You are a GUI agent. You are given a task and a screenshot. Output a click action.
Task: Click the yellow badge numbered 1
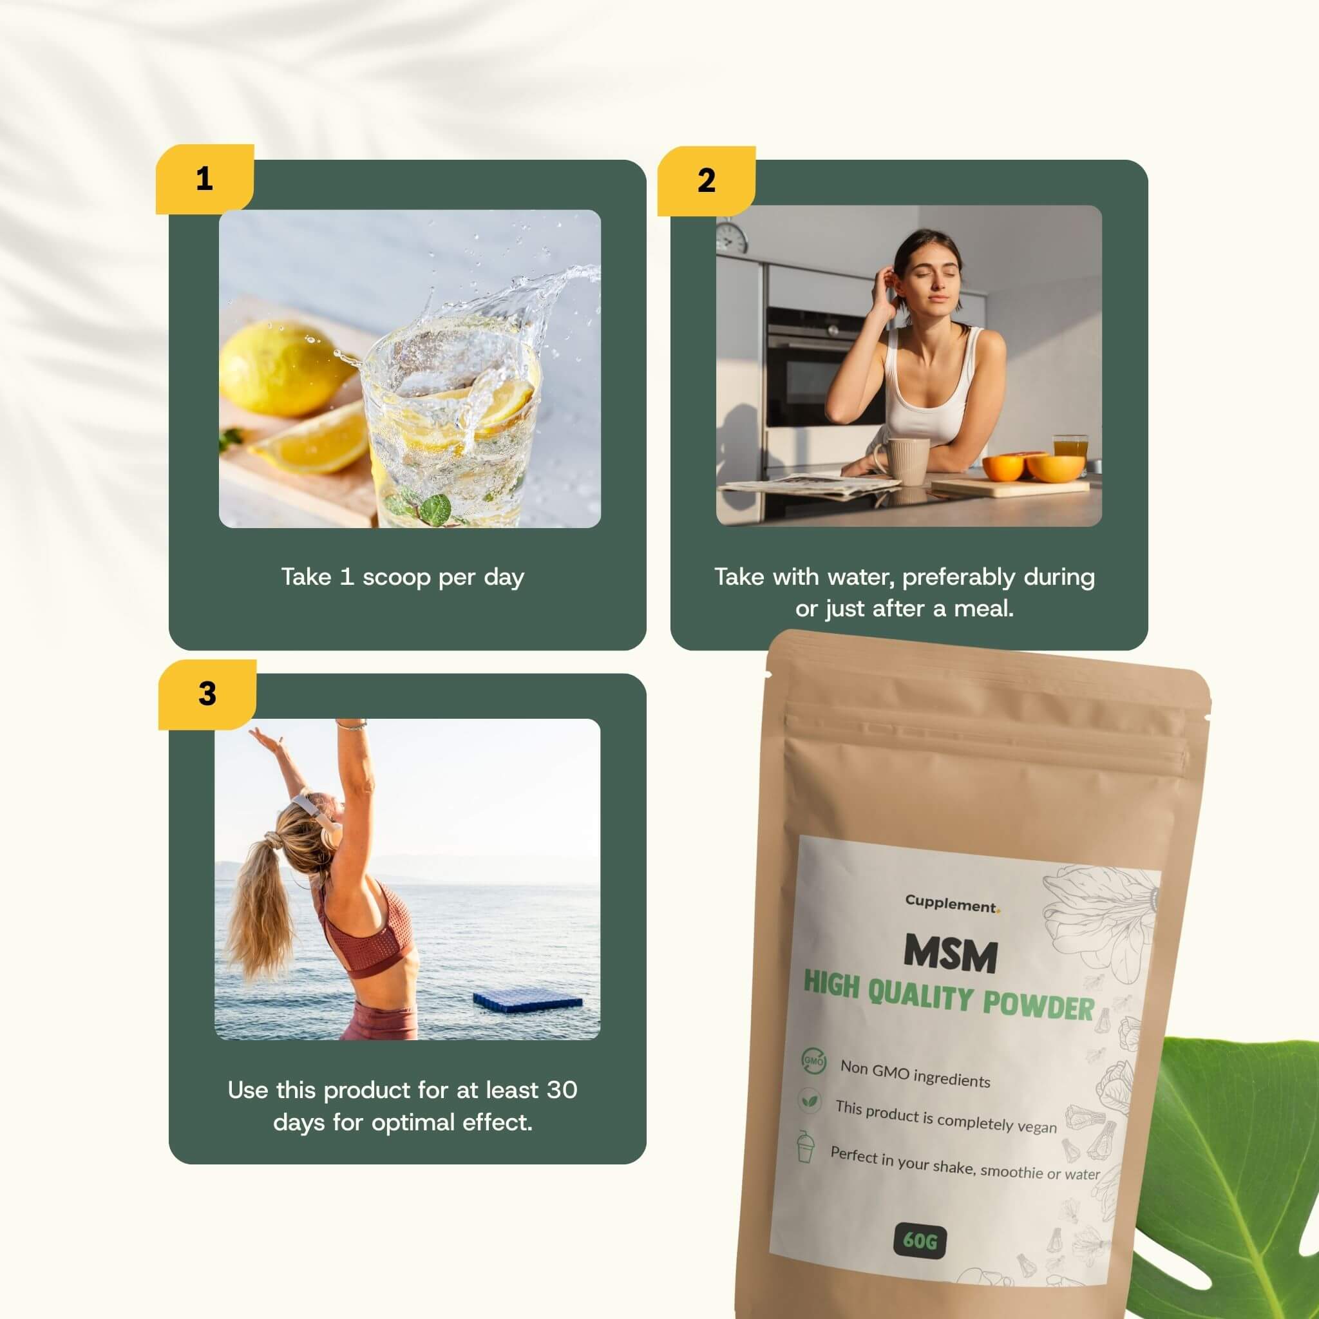204,179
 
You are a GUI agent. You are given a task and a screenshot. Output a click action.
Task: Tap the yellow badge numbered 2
706,180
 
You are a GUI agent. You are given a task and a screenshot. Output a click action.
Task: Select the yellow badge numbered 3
207,694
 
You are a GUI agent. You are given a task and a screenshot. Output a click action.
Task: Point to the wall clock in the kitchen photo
731,238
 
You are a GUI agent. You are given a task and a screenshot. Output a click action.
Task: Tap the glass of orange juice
1070,447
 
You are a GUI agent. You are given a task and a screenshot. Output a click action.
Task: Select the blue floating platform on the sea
527,1001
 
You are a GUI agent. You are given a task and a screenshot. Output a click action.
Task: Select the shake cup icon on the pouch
806,1147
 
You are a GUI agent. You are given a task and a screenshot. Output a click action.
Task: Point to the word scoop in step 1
397,578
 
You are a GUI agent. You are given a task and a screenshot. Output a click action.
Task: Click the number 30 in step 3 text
561,1090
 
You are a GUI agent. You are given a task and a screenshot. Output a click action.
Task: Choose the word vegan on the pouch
1036,1126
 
